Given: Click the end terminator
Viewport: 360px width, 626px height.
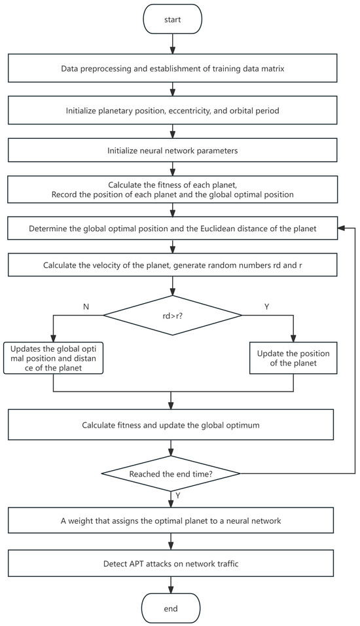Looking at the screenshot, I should coord(171,608).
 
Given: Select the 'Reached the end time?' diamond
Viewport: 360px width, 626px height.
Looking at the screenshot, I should coord(171,473).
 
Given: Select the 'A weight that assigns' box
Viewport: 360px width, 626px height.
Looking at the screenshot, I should coord(171,521).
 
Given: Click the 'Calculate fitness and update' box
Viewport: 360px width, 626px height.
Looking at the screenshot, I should coord(171,426).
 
